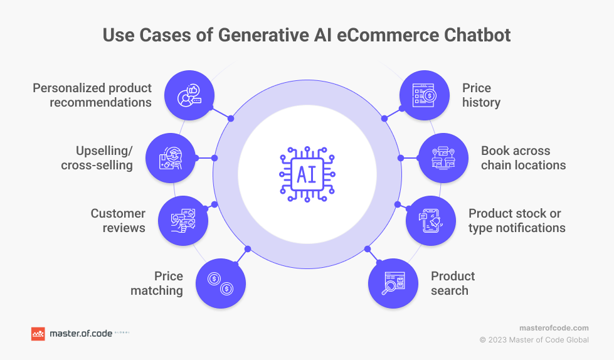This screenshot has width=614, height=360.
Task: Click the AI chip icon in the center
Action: (x=307, y=174)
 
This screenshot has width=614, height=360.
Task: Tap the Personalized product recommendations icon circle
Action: (x=189, y=95)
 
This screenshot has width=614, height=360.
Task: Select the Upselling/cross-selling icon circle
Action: (x=170, y=157)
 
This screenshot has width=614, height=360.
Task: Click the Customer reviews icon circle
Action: (x=183, y=220)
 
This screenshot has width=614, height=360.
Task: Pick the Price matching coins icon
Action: (x=221, y=283)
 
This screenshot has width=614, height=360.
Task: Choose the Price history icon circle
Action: (x=425, y=95)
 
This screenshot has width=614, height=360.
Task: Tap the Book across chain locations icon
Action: (x=443, y=157)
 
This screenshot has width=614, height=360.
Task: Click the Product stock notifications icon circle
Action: (x=430, y=220)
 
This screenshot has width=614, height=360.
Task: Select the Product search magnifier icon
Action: (x=393, y=283)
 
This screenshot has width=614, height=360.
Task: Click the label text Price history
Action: (x=481, y=95)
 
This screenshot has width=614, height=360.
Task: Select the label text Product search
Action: (x=452, y=283)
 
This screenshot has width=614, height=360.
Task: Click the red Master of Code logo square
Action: (x=38, y=334)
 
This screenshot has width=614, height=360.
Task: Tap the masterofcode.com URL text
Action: (x=554, y=328)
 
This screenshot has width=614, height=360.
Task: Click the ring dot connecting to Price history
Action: (x=384, y=118)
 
